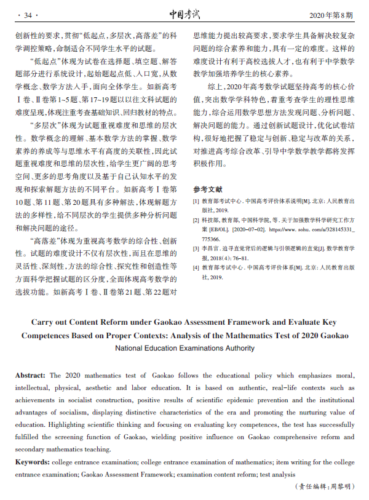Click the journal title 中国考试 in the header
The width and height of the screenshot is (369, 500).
[184, 14]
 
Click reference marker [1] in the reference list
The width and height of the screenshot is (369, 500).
[196, 201]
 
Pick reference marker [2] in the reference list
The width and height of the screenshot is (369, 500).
[196, 220]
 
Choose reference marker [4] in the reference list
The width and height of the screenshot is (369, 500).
[196, 268]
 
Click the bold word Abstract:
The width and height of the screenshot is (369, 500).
[30, 375]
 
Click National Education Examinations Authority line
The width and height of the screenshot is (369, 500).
[184, 348]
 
